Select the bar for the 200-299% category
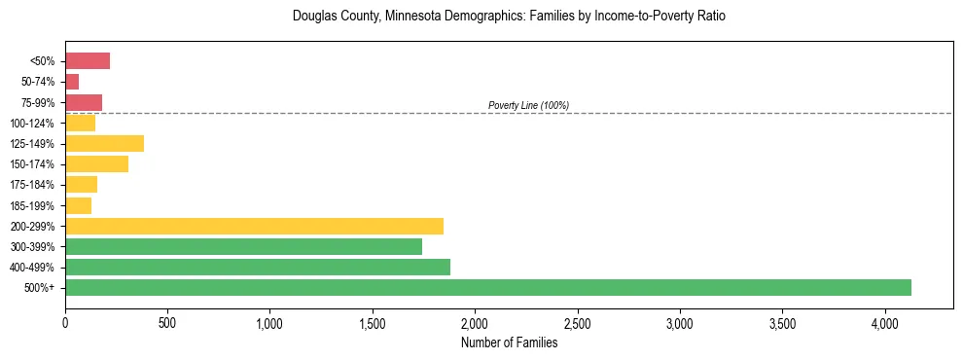coord(254,226)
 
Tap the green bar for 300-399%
coord(243,246)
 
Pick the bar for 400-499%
coord(258,267)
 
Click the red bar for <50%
coord(88,61)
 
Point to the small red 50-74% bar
coord(72,82)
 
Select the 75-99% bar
coord(84,102)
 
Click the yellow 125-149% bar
coord(104,143)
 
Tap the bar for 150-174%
coord(96,163)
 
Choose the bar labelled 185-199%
coord(78,205)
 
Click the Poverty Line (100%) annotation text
coord(528,105)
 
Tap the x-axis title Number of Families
coord(509,342)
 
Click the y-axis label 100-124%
coord(32,124)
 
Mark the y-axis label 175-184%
coord(32,185)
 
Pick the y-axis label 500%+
coord(38,288)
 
